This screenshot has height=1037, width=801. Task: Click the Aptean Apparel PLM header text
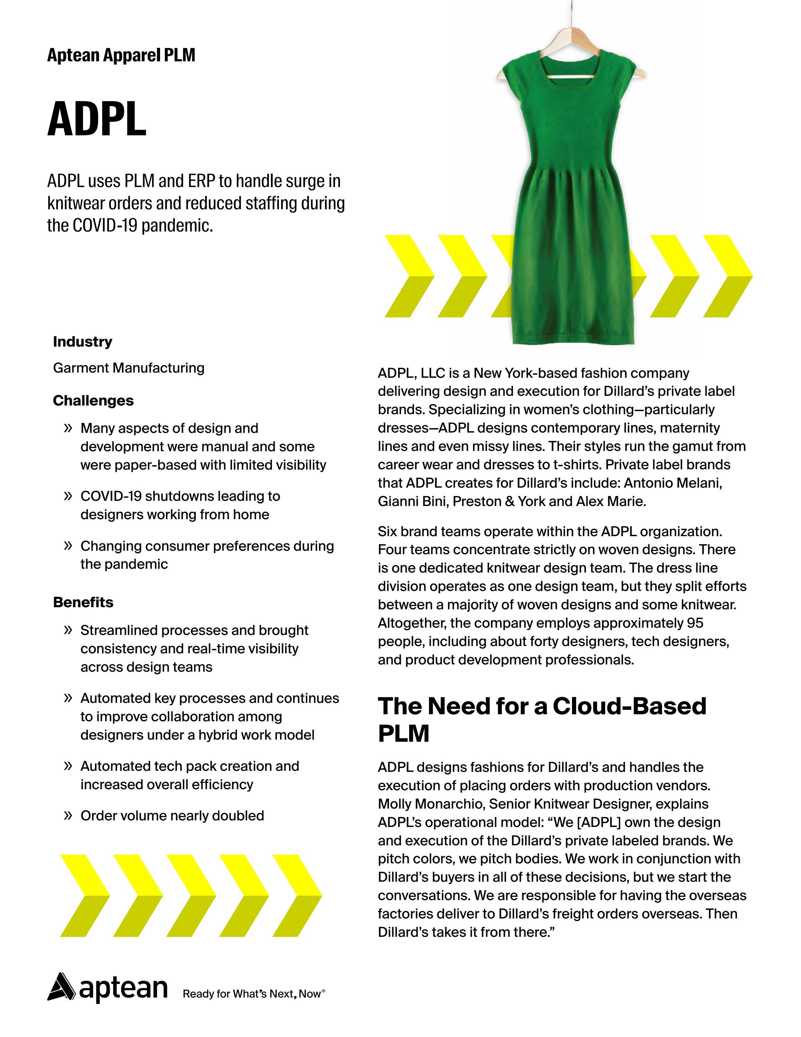point(121,55)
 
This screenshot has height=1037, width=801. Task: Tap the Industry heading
point(82,341)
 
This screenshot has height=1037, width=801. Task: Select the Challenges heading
point(93,400)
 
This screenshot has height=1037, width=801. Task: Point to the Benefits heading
point(83,602)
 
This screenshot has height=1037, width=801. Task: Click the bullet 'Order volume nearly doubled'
point(172,816)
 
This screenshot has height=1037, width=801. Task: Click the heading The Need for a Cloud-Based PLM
point(542,719)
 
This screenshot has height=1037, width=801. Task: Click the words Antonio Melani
point(672,483)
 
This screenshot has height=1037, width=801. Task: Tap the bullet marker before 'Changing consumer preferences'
point(68,546)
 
